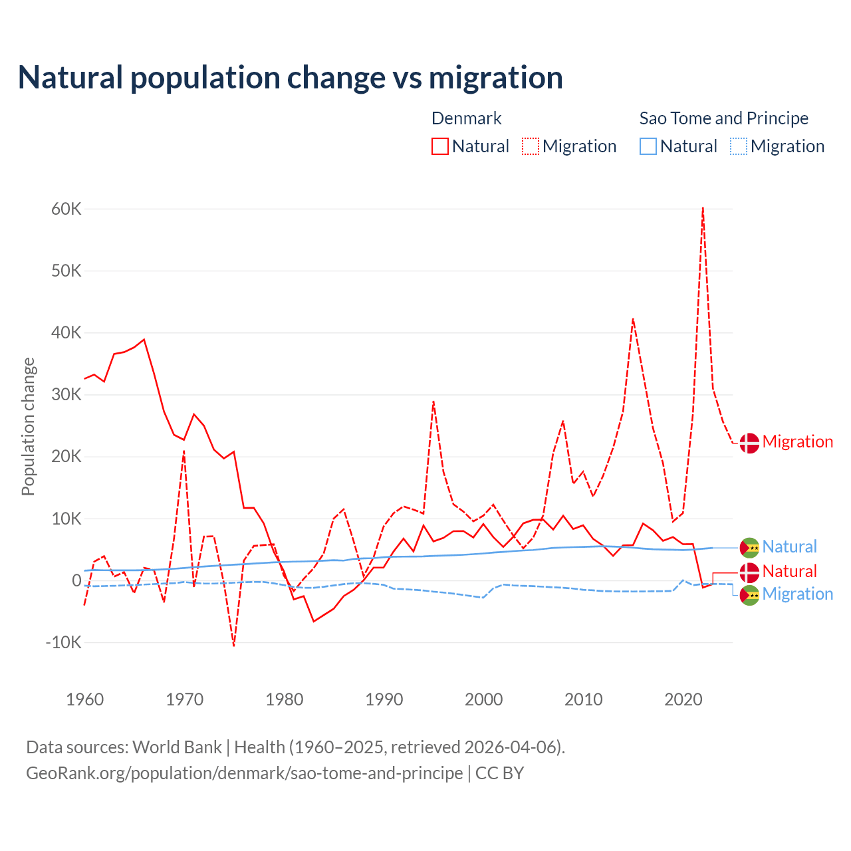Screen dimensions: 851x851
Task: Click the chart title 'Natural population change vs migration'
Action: click(x=291, y=78)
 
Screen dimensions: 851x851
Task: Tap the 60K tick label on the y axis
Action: click(x=66, y=209)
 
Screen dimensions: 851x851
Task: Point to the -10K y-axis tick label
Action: click(x=64, y=642)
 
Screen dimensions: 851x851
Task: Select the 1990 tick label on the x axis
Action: click(x=384, y=699)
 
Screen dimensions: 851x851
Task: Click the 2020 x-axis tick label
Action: click(x=683, y=699)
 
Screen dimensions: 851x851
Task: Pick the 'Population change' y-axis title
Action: click(x=28, y=426)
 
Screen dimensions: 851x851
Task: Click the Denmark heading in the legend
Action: click(x=466, y=118)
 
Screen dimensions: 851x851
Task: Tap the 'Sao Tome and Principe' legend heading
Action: click(x=723, y=118)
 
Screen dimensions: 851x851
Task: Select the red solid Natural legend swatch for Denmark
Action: click(x=440, y=146)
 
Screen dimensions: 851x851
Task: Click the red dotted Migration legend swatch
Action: click(x=531, y=146)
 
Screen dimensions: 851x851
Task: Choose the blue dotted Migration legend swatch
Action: click(x=739, y=146)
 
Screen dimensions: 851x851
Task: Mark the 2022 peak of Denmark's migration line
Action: click(x=703, y=209)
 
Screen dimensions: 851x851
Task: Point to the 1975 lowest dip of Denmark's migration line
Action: click(x=234, y=645)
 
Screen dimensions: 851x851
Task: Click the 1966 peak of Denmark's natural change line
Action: click(x=144, y=340)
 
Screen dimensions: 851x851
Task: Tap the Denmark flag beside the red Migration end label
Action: click(x=749, y=443)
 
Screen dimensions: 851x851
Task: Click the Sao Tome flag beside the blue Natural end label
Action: click(x=749, y=548)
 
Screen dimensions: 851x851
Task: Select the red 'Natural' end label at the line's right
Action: click(x=789, y=571)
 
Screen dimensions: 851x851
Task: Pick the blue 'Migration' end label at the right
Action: click(x=797, y=594)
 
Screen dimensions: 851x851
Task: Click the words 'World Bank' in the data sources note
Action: click(x=177, y=747)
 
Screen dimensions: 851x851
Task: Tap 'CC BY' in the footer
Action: click(x=499, y=773)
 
